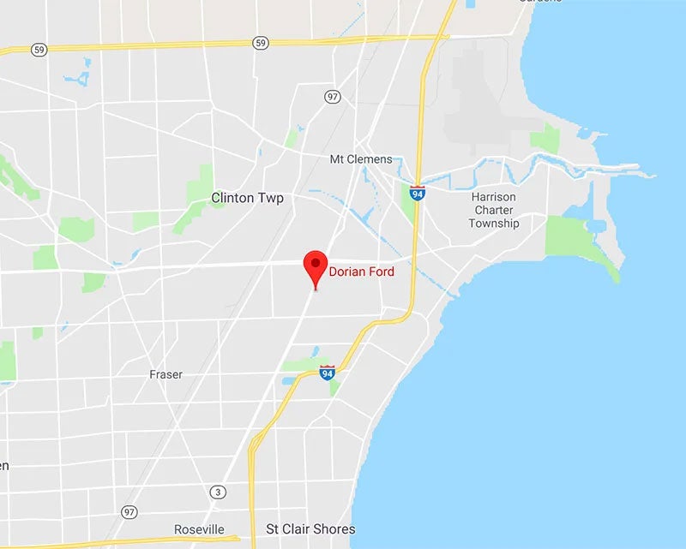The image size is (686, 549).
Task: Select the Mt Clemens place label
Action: (x=361, y=159)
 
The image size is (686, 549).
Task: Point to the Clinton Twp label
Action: (x=247, y=198)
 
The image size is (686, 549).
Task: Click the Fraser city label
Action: (x=165, y=374)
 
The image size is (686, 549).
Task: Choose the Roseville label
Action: (x=199, y=529)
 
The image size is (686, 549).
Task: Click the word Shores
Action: (x=336, y=529)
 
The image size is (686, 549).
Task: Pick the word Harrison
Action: (x=494, y=197)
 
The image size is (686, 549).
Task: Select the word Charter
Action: (x=494, y=210)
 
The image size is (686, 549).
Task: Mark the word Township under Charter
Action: (x=494, y=224)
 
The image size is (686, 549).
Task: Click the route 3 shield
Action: (x=218, y=492)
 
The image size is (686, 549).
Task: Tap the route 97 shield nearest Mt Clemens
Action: (x=333, y=96)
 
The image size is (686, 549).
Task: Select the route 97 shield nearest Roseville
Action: (x=129, y=511)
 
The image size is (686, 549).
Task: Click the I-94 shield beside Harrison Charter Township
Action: (x=418, y=192)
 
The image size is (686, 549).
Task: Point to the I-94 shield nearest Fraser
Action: (x=328, y=372)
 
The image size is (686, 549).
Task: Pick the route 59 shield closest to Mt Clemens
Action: (x=261, y=42)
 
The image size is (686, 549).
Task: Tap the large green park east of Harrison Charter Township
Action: (x=576, y=239)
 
